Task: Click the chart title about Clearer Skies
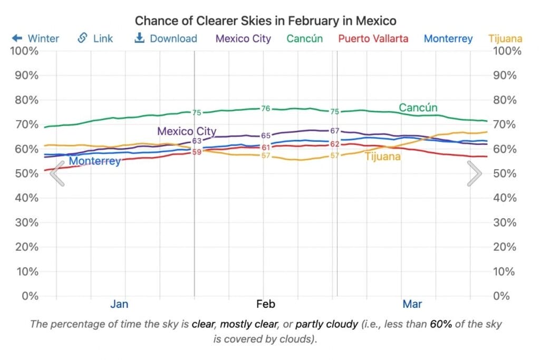(265, 21)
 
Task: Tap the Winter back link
(35, 38)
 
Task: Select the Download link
(166, 38)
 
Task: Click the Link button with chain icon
(95, 38)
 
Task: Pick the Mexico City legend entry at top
(244, 38)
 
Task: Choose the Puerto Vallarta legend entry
(373, 38)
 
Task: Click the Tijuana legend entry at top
(505, 38)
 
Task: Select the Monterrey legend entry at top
(448, 38)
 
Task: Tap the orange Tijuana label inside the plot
(383, 157)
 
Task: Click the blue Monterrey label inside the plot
(95, 161)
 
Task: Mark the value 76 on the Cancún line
(266, 109)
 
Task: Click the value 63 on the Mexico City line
(197, 141)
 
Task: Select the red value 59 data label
(197, 152)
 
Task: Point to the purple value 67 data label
(334, 131)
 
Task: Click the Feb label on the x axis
(266, 304)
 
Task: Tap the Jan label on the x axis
(119, 304)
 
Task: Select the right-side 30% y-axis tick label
(505, 222)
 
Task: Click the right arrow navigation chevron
(475, 173)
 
